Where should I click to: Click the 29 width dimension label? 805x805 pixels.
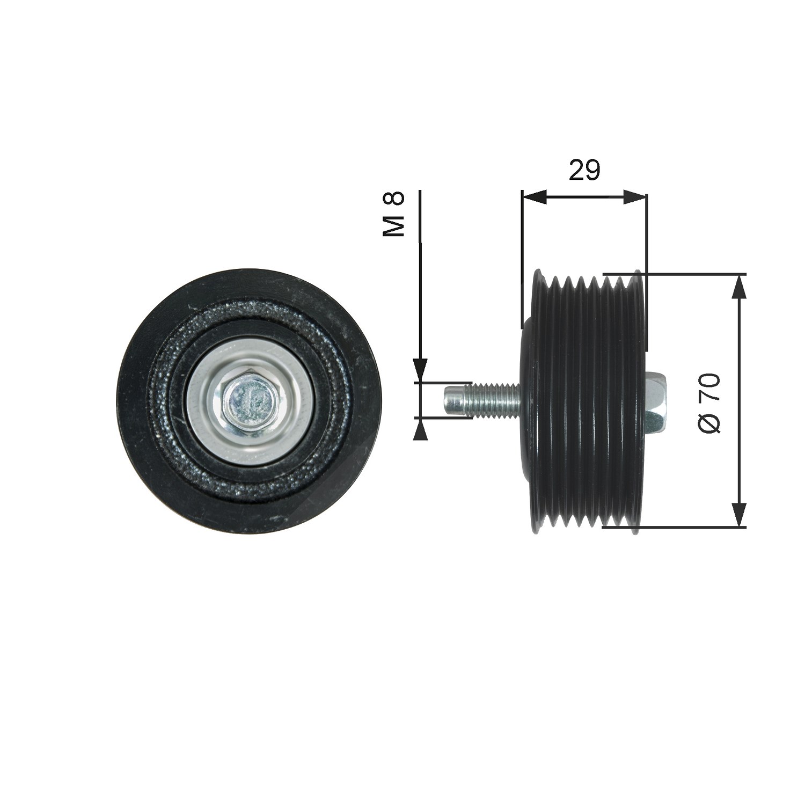point(584,170)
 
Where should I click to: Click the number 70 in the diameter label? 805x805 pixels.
point(709,389)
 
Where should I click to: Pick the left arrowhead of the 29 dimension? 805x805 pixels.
point(534,197)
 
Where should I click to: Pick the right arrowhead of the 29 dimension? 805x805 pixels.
point(635,197)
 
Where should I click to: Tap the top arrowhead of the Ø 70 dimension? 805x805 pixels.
point(740,287)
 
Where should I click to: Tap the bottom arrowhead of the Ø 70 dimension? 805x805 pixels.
point(740,515)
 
